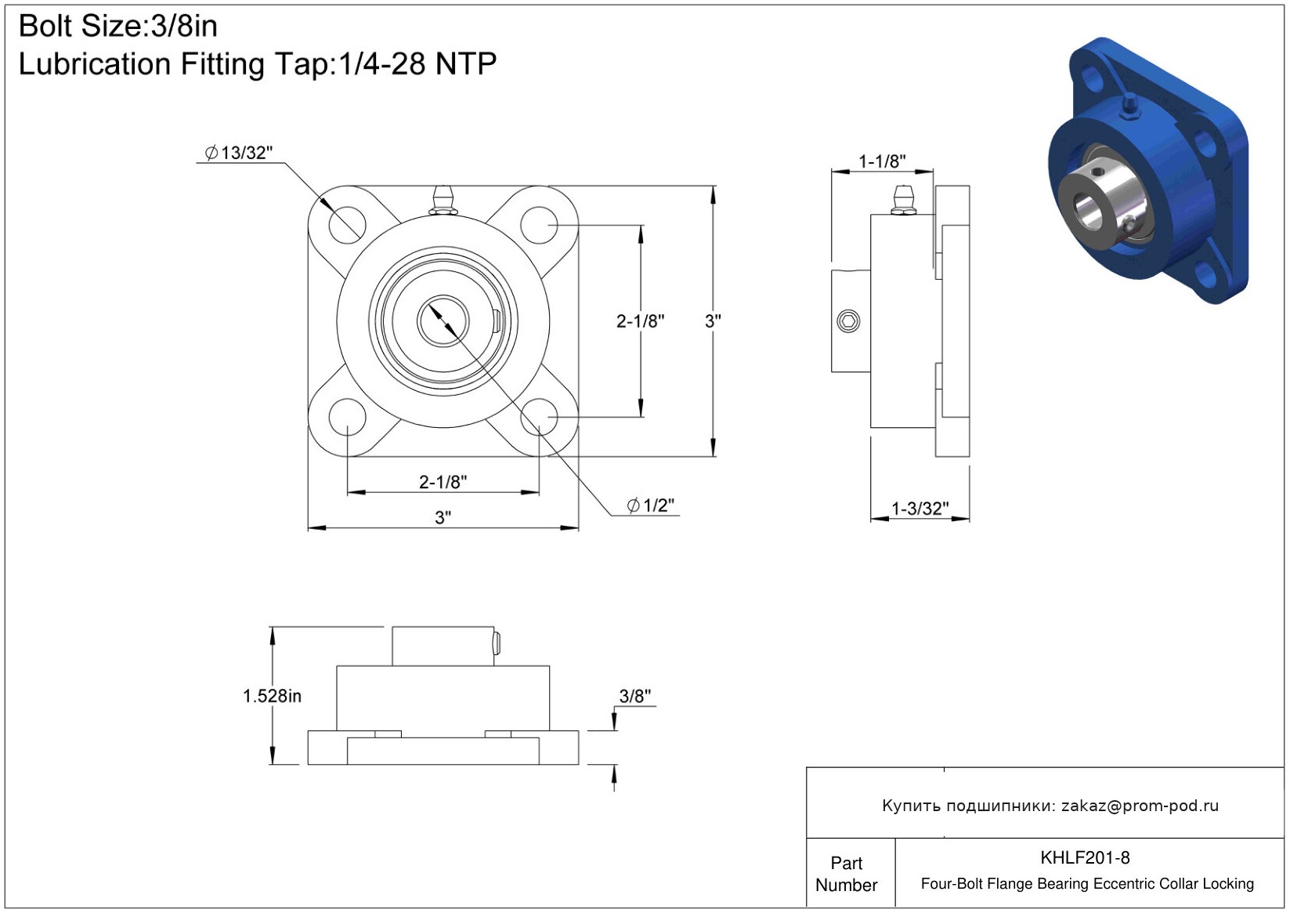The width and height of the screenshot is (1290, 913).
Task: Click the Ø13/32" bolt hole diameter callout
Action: coord(238,153)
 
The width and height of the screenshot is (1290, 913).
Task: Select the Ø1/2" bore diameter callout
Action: coord(651,505)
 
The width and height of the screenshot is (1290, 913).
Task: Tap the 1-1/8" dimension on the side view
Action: coord(882,161)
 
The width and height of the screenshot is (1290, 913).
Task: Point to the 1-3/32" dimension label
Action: coord(920,509)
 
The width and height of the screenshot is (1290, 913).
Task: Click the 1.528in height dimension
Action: coord(272,696)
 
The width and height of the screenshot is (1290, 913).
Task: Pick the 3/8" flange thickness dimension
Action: coord(635,696)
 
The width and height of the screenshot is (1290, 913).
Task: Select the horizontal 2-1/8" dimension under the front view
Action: coord(443,482)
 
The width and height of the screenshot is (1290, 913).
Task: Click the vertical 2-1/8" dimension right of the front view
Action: coord(641,321)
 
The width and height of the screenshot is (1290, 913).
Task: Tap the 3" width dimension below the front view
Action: coord(443,517)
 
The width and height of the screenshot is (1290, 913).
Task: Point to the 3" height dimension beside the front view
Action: coord(713,321)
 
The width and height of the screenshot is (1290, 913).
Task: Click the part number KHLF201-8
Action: coord(1085,857)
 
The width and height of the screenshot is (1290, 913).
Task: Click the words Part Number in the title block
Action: coord(846,874)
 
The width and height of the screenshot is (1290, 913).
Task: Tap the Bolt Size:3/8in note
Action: coord(118,26)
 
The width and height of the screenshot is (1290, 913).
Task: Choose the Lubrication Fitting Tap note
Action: coord(258,63)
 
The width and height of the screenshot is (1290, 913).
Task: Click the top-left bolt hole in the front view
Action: coord(347,224)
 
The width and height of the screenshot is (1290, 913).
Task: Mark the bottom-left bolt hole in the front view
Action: coord(347,417)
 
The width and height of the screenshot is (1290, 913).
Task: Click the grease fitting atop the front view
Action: coord(443,201)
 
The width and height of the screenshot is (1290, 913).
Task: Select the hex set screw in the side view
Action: coord(848,321)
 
